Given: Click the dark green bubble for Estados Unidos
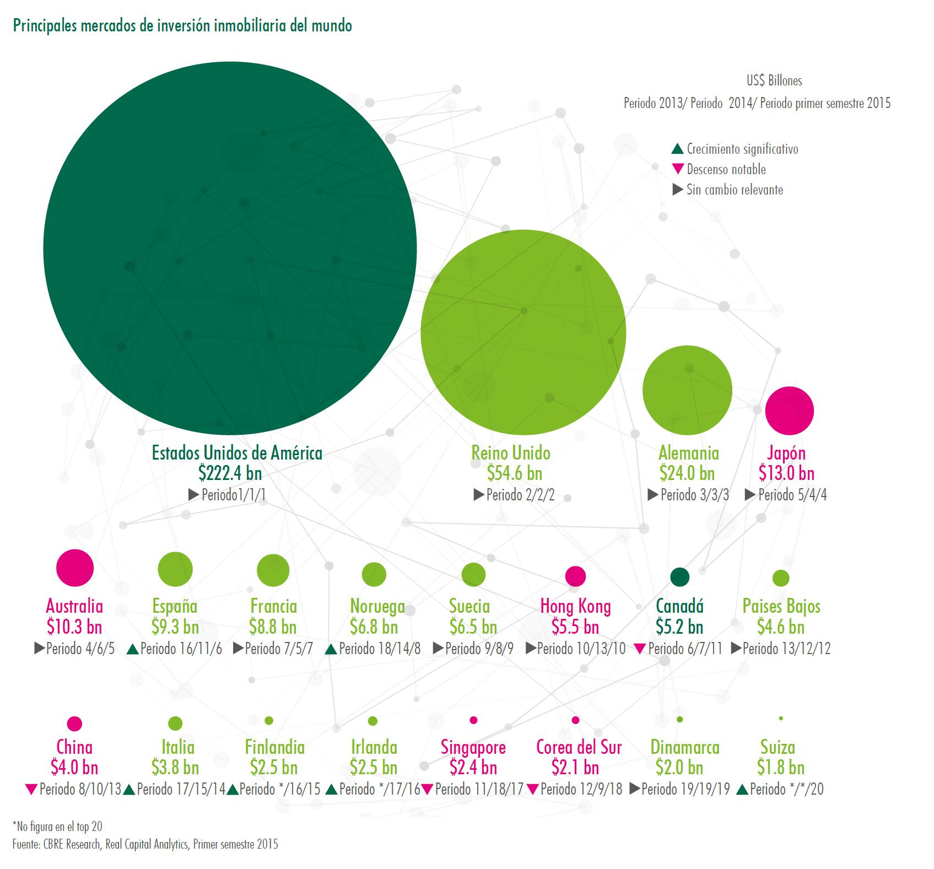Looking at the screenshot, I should (x=230, y=248).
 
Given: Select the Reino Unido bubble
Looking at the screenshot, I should (x=523, y=332).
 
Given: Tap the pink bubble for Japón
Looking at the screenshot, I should (x=789, y=411).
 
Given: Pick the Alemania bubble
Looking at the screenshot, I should (x=687, y=390).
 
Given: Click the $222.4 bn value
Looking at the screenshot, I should (x=230, y=473).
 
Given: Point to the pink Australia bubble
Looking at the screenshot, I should (x=75, y=568).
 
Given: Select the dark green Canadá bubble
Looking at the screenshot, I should (x=679, y=577).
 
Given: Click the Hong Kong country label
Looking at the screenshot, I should (x=575, y=607).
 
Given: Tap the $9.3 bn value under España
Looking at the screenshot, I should (x=175, y=627).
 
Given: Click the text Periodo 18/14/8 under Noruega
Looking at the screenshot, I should (x=380, y=649).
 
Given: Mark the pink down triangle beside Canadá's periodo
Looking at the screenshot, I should (x=640, y=649).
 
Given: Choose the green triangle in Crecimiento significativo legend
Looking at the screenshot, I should (x=678, y=149).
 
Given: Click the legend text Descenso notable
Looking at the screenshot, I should (x=726, y=169).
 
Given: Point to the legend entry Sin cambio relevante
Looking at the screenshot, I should (x=734, y=190).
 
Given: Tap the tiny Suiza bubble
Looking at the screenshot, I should (x=781, y=719).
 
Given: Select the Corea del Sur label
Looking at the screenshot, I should (x=579, y=748).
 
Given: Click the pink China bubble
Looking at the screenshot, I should (x=74, y=724).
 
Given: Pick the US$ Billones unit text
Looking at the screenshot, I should (x=774, y=81).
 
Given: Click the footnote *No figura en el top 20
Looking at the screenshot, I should (x=57, y=827).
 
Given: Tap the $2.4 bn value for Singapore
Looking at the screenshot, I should (x=473, y=768).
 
